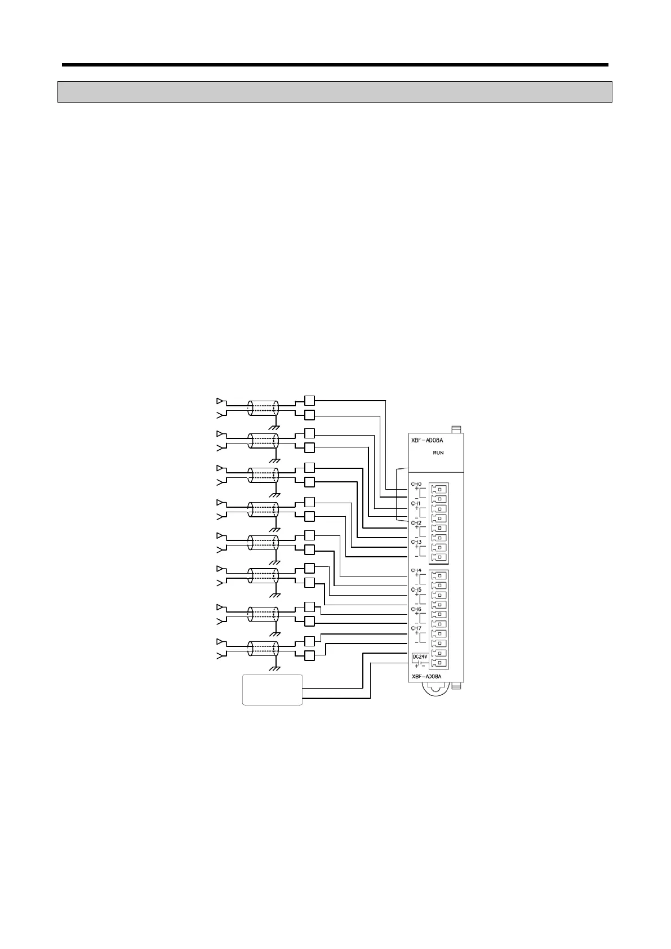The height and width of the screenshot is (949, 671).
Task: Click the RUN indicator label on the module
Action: point(438,453)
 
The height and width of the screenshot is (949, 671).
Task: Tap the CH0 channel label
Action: point(416,484)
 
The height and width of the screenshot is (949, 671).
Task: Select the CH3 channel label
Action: point(416,542)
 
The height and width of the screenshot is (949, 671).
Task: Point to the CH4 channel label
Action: point(416,571)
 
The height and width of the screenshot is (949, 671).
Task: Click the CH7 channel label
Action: point(416,628)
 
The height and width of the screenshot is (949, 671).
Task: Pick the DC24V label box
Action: point(420,657)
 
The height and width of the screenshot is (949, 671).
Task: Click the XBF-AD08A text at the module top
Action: point(427,440)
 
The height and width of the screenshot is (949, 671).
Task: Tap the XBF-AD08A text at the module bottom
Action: point(426,676)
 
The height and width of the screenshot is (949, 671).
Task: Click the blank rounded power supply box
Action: point(273,689)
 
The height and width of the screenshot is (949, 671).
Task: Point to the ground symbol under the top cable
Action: point(275,428)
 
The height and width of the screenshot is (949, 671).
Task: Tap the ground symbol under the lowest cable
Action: point(275,668)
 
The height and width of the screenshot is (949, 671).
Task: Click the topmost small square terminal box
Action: point(309,401)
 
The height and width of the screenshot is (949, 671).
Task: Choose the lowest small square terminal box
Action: point(309,655)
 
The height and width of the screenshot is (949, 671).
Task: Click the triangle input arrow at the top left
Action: point(220,401)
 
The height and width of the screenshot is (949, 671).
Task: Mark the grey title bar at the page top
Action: point(335,92)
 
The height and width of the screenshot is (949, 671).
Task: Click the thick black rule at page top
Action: point(335,65)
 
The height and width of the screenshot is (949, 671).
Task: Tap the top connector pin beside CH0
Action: point(439,489)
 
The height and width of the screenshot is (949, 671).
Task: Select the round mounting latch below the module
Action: point(434,690)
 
